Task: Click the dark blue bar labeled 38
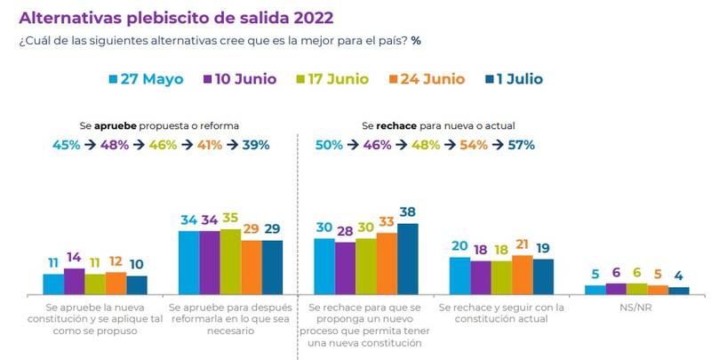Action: point(408,259)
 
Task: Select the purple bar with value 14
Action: point(74,281)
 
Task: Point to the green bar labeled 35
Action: point(229,261)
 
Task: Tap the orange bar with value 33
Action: point(387,263)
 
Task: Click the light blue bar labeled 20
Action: point(460,275)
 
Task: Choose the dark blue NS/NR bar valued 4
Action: point(678,290)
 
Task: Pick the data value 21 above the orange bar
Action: point(523,245)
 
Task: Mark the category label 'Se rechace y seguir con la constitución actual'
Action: point(502,313)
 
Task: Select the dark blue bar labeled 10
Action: point(137,284)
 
